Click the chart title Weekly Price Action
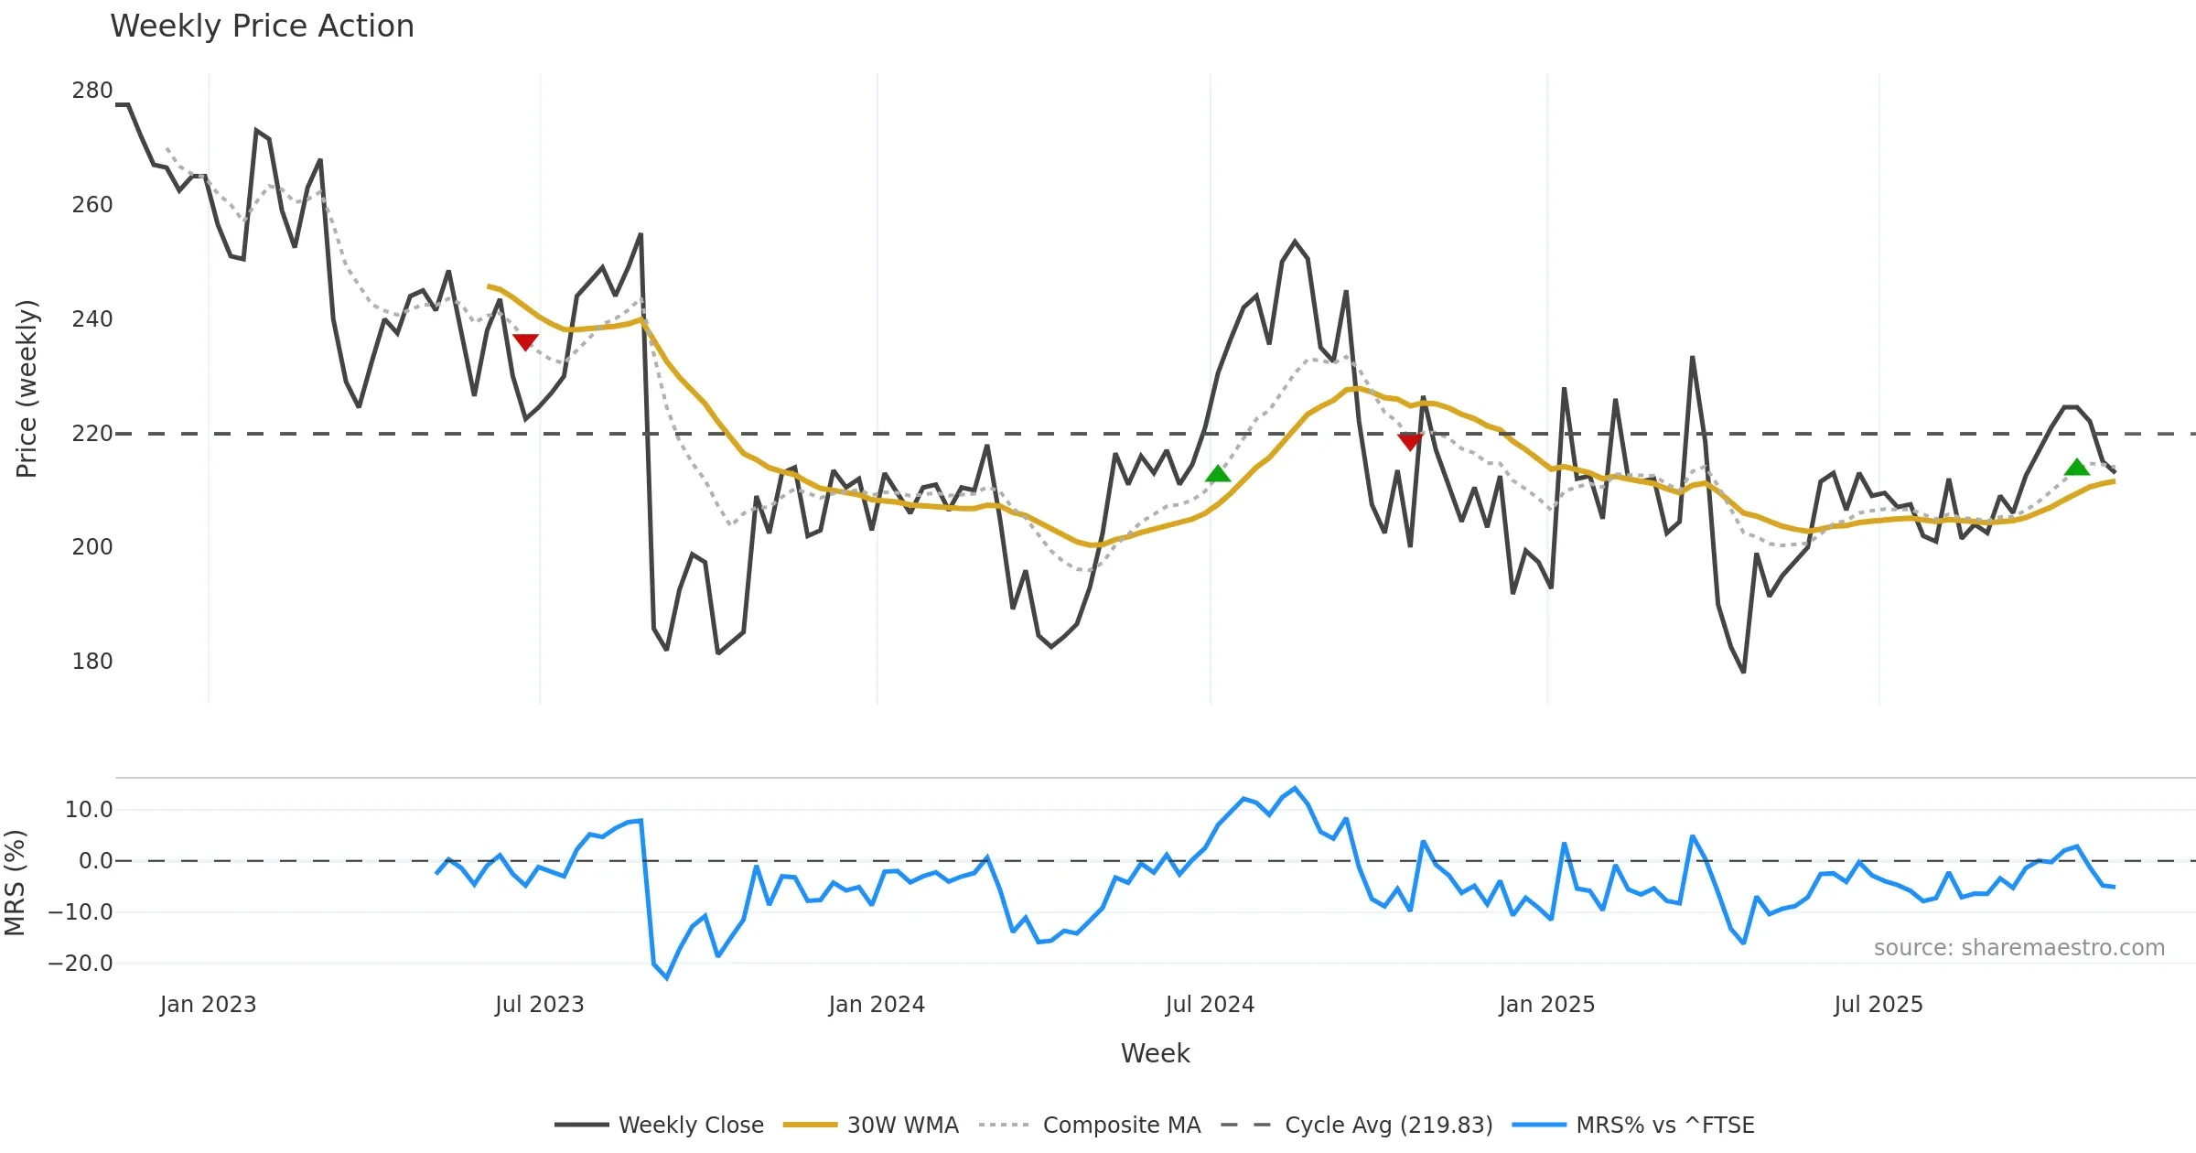point(262,27)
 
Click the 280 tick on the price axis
point(92,91)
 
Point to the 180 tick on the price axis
point(92,661)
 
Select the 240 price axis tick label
point(92,318)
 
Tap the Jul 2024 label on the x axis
point(1210,1004)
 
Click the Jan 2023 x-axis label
point(208,1004)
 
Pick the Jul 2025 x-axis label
point(1878,1004)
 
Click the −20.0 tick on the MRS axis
point(81,963)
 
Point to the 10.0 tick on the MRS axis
point(89,809)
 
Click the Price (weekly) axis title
point(27,389)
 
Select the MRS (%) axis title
point(15,882)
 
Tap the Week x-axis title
point(1155,1053)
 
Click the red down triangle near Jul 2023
point(525,341)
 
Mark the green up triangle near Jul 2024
point(1218,474)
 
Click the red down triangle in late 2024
point(1410,442)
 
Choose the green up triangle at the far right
point(2077,468)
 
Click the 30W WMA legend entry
point(871,1125)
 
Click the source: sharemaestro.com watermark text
point(2018,947)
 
